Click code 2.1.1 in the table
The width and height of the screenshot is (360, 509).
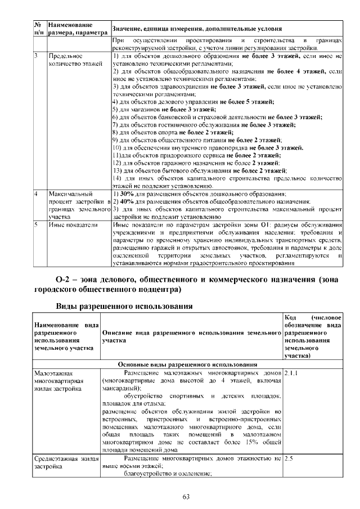292,373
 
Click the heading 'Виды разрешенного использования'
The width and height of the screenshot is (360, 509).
124,307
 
